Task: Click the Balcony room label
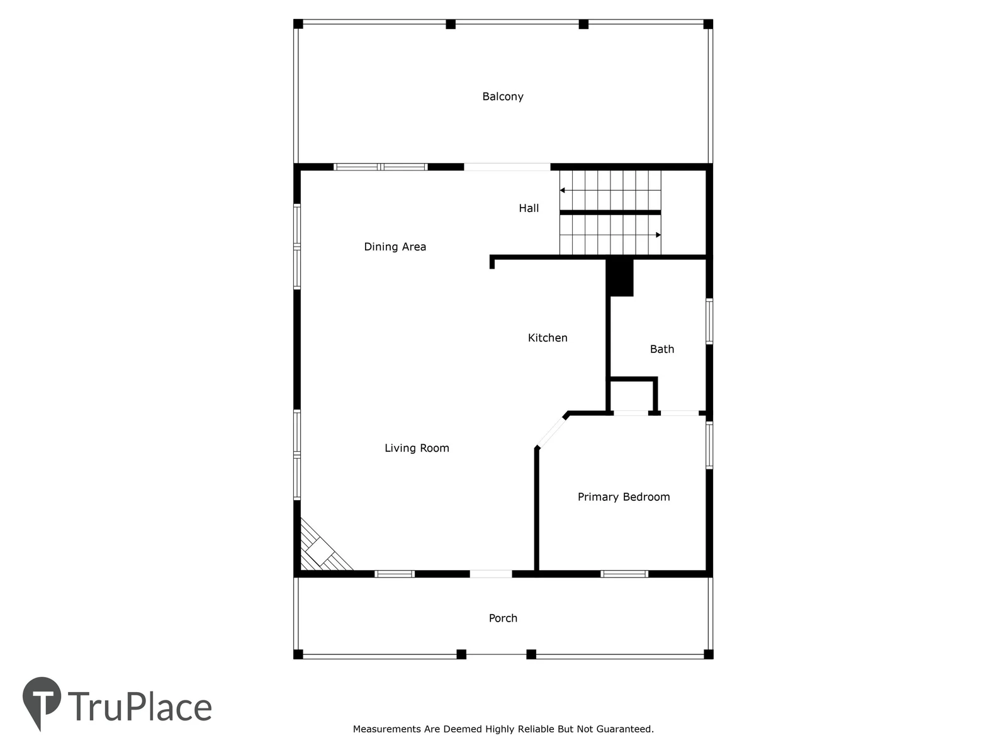[502, 97]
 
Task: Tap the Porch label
[503, 618]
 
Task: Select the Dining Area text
[395, 247]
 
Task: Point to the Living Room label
[417, 448]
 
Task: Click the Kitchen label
[548, 338]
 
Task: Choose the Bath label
[661, 349]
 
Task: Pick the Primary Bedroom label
[624, 497]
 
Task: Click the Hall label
[529, 208]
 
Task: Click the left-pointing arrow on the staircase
[610, 190]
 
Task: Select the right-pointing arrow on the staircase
[610, 235]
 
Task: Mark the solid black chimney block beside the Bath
[620, 278]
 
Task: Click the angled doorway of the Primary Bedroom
[551, 432]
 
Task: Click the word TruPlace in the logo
[140, 707]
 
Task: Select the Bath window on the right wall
[709, 321]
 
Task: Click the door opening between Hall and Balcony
[507, 167]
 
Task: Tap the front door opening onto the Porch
[491, 574]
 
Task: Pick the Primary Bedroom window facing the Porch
[624, 574]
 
